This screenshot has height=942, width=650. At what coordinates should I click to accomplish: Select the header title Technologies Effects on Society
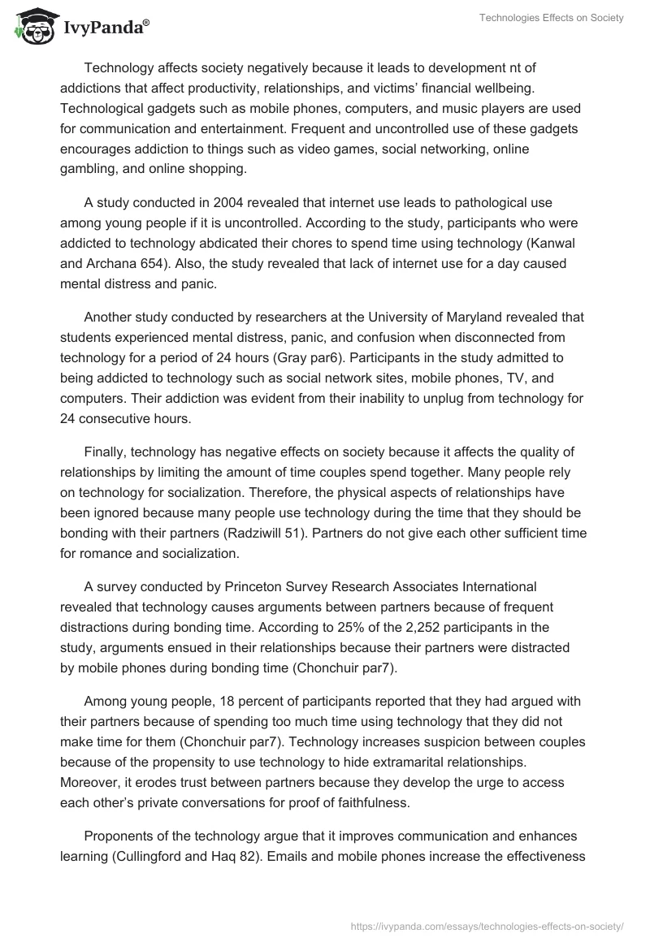552,18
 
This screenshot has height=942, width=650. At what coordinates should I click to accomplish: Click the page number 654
160,263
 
